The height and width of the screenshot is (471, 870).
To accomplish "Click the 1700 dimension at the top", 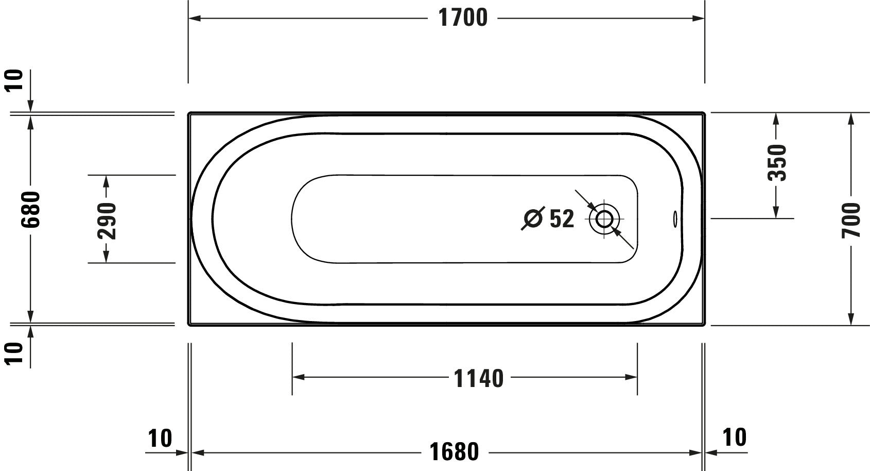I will click(x=462, y=18).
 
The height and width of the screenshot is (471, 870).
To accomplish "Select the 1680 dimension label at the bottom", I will click(x=454, y=452).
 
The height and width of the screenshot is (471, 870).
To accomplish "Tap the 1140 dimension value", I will click(x=478, y=378).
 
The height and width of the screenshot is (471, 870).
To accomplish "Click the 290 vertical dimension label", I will click(x=107, y=221).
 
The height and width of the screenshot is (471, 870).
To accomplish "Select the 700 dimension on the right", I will click(x=851, y=220).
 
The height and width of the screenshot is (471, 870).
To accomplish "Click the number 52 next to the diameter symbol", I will click(x=562, y=219).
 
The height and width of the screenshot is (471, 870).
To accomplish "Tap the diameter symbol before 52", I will click(x=533, y=219).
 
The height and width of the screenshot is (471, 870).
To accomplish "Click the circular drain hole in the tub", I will click(x=604, y=219).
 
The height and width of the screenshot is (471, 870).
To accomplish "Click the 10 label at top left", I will click(x=16, y=80).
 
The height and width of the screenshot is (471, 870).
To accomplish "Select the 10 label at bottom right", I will click(x=734, y=438).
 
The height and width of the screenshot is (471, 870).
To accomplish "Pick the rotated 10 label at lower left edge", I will click(x=16, y=353).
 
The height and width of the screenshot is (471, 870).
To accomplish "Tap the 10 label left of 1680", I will click(x=160, y=438).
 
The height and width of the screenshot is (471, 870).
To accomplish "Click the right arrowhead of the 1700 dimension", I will click(x=699, y=18).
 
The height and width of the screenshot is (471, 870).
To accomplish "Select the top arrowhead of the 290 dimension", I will click(x=107, y=181).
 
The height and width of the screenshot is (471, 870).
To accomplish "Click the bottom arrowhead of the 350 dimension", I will click(x=776, y=212).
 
